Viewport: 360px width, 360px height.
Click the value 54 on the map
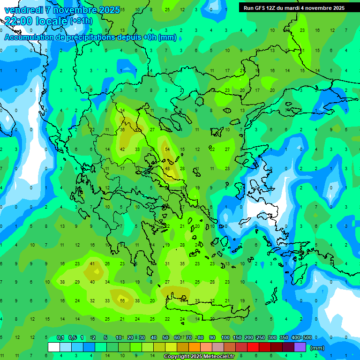(167, 149)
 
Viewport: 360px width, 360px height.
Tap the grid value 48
(167, 168)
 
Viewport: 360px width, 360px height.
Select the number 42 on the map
(122, 149)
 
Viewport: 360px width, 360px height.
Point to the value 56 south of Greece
(122, 300)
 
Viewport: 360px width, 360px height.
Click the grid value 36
(122, 130)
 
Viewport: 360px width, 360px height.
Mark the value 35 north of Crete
(182, 264)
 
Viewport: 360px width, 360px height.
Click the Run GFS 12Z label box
(294, 8)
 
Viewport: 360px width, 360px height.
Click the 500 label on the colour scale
(307, 337)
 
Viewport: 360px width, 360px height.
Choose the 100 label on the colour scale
(225, 337)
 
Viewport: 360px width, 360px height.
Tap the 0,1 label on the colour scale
(60, 337)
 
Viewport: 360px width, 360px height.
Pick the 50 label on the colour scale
(165, 337)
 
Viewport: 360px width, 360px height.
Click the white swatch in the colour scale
(54, 347)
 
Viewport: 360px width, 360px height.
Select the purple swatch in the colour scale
(300, 347)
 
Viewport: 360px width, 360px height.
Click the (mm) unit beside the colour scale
(317, 348)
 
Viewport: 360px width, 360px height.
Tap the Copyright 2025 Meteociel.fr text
(199, 357)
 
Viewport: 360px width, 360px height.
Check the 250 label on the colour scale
(260, 337)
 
